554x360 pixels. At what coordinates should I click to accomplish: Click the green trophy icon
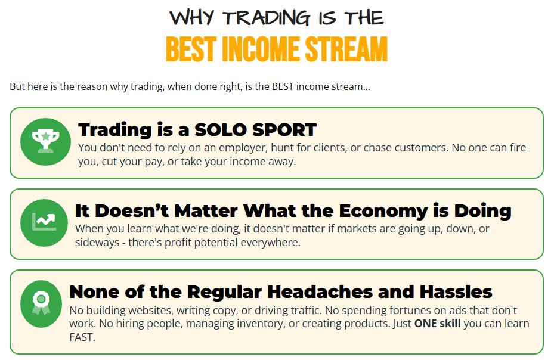click(45, 142)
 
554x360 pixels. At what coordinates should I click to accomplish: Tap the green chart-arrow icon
click(44, 222)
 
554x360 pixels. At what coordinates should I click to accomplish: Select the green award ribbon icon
click(41, 304)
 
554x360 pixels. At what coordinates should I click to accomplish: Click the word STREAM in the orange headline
click(346, 49)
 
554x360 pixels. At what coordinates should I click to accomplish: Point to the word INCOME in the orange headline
click(261, 49)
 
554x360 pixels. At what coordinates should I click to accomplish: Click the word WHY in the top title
click(192, 18)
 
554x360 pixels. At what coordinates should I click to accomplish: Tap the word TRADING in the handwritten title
click(267, 18)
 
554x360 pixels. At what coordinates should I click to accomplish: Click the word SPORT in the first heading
click(284, 130)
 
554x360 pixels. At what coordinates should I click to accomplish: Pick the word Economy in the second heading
click(383, 211)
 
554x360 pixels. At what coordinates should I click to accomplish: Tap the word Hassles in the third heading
click(456, 292)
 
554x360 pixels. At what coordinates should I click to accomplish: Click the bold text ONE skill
click(437, 324)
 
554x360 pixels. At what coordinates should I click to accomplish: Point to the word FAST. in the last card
click(82, 337)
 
